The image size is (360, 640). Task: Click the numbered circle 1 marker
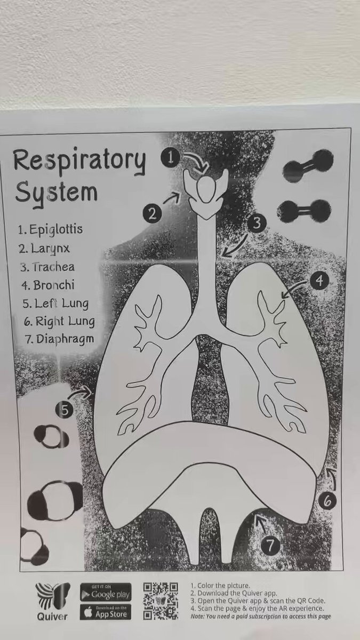pyautogui.click(x=171, y=157)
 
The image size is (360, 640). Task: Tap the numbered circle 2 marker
pyautogui.click(x=153, y=213)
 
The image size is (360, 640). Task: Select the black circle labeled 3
pyautogui.click(x=257, y=222)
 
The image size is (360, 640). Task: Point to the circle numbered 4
pyautogui.click(x=319, y=281)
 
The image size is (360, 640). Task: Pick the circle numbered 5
pyautogui.click(x=65, y=410)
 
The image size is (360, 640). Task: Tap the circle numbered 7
pyautogui.click(x=269, y=546)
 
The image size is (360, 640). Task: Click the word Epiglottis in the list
pyautogui.click(x=56, y=230)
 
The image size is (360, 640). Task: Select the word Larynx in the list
pyautogui.click(x=50, y=249)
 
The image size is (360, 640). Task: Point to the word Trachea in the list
pyautogui.click(x=53, y=267)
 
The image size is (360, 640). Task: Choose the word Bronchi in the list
pyautogui.click(x=54, y=285)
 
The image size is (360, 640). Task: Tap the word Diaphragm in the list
pyautogui.click(x=66, y=340)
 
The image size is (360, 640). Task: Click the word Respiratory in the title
pyautogui.click(x=79, y=161)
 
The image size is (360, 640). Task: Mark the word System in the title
pyautogui.click(x=57, y=191)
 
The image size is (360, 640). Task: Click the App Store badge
pyautogui.click(x=106, y=612)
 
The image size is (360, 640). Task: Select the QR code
pyautogui.click(x=161, y=601)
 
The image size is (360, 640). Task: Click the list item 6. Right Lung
pyautogui.click(x=59, y=322)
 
